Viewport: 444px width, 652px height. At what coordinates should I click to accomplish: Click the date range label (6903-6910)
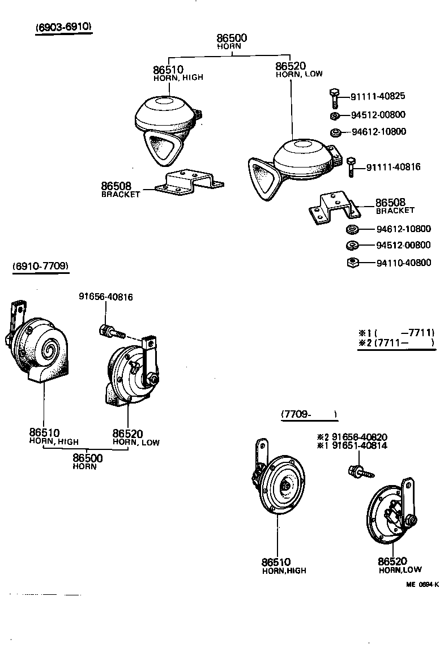(63, 27)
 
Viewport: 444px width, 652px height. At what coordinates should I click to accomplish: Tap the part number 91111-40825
(378, 96)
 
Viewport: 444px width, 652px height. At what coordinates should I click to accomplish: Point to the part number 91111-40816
(393, 167)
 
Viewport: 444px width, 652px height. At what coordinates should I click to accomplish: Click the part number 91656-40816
(106, 297)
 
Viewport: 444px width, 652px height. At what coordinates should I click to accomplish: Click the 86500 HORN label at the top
(232, 41)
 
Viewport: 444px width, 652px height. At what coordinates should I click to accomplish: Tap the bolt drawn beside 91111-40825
(334, 98)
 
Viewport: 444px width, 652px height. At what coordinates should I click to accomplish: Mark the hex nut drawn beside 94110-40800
(352, 263)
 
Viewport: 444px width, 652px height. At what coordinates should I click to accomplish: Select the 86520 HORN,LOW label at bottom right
(400, 565)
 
